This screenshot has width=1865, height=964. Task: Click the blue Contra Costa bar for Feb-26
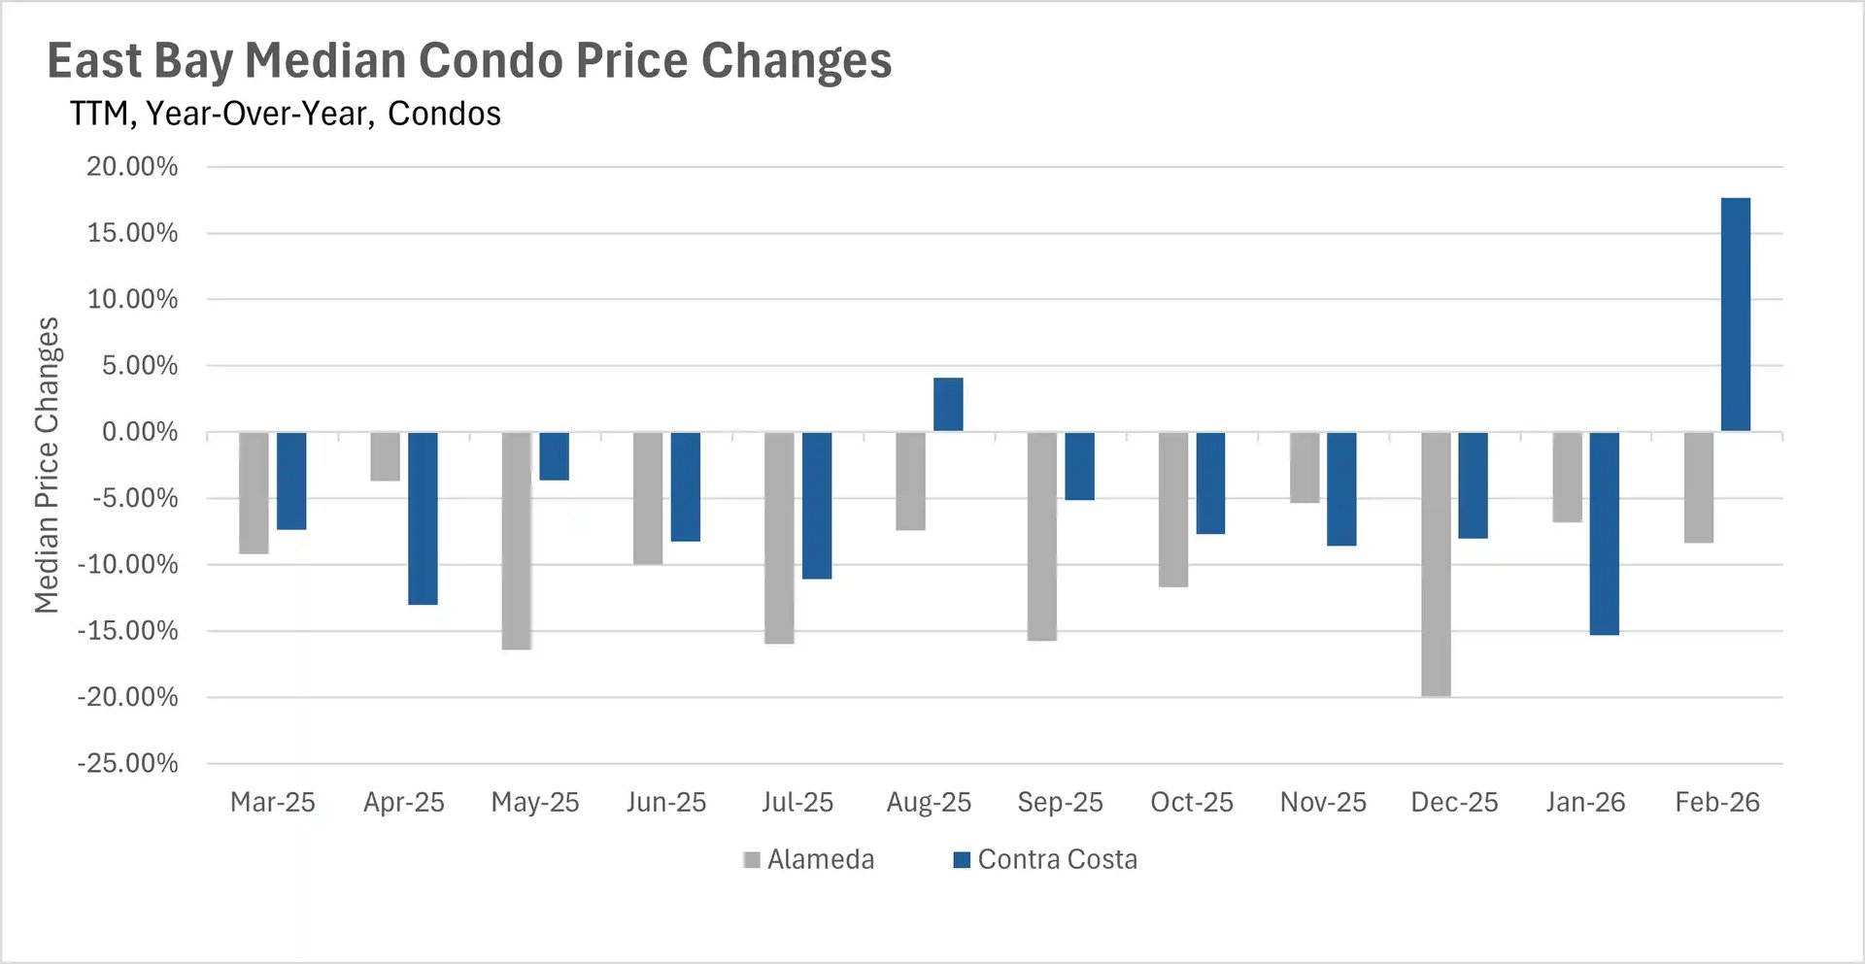[x=1735, y=315]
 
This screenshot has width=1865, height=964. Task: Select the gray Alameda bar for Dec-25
[x=1436, y=564]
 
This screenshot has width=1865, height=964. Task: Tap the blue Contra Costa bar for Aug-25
[x=948, y=405]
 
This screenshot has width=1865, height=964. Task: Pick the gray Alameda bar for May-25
[x=516, y=541]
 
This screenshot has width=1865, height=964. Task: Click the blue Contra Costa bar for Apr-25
[x=423, y=518]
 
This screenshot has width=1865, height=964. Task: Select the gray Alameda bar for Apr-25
[x=385, y=456]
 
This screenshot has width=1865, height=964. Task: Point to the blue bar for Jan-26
[x=1604, y=533]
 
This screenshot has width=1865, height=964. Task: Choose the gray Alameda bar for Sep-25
[x=1041, y=536]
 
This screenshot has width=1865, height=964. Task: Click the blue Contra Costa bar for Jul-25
[x=817, y=505]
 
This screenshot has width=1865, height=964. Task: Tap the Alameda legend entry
[x=809, y=859]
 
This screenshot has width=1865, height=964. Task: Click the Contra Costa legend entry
[x=1045, y=859]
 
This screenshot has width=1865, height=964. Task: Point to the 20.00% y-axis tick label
[x=132, y=167]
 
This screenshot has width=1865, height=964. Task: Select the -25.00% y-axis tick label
[x=128, y=763]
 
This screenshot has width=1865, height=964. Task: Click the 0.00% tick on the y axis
[x=140, y=432]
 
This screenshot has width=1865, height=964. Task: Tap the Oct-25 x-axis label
[x=1191, y=802]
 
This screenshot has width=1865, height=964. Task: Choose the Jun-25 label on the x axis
[x=666, y=802]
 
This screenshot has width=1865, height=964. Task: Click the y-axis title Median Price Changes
[x=47, y=465]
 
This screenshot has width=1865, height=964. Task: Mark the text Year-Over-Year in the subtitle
[x=257, y=114]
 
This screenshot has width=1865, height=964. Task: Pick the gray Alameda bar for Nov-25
[x=1305, y=467]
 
